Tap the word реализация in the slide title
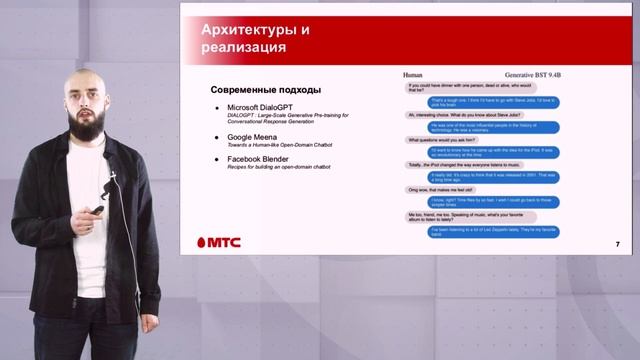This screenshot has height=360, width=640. (x=244, y=47)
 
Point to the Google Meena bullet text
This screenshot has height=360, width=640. (x=258, y=136)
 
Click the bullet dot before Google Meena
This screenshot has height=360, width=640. (x=218, y=136)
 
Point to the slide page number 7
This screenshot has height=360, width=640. (x=617, y=245)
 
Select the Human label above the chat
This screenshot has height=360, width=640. (x=413, y=75)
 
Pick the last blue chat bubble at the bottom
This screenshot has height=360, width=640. (x=507, y=231)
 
